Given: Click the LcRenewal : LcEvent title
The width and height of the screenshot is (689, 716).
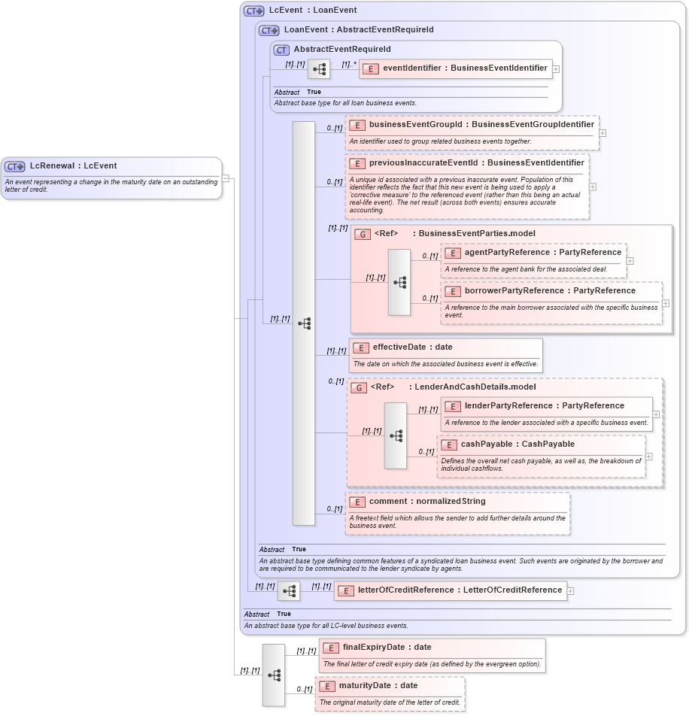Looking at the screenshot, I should coord(73,165).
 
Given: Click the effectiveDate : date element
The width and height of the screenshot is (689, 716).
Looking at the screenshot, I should coord(412,347).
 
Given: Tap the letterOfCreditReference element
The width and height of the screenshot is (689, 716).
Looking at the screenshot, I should coord(450,590).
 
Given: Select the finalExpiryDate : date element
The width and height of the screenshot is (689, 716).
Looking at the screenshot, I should coord(387,647).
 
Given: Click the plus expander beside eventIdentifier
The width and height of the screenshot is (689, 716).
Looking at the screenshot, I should coord(556,68).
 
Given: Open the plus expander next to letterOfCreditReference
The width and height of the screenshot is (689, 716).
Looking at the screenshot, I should coord(570,590).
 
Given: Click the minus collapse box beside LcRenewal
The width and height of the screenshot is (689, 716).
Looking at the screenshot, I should coord(226,178).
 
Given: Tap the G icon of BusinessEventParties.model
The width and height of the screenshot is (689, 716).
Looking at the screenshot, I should coord(363,234).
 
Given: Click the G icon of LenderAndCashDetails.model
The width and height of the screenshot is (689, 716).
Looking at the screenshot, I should coord(359,387).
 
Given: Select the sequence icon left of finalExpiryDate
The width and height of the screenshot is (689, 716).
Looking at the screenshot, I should coord(273,675).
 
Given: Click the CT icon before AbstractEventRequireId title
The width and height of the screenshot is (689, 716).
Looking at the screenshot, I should coord(281,50).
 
